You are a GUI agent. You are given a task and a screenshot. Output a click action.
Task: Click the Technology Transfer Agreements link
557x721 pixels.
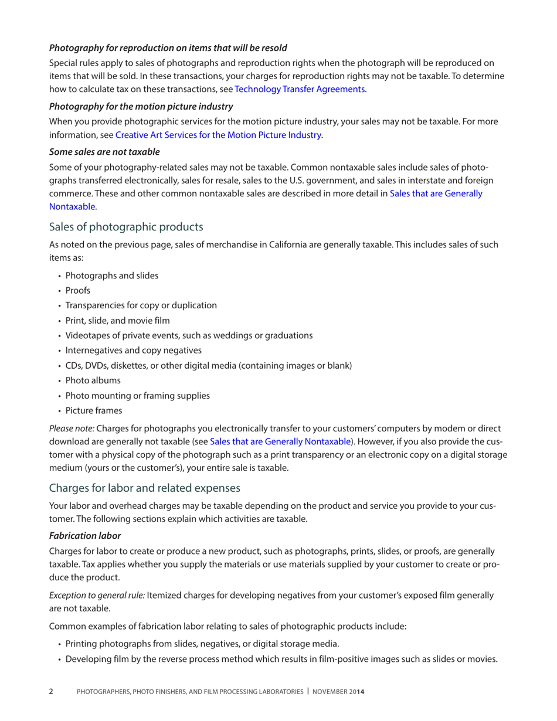(x=300, y=90)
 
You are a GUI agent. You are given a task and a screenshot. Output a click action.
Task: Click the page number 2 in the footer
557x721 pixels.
(x=50, y=692)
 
